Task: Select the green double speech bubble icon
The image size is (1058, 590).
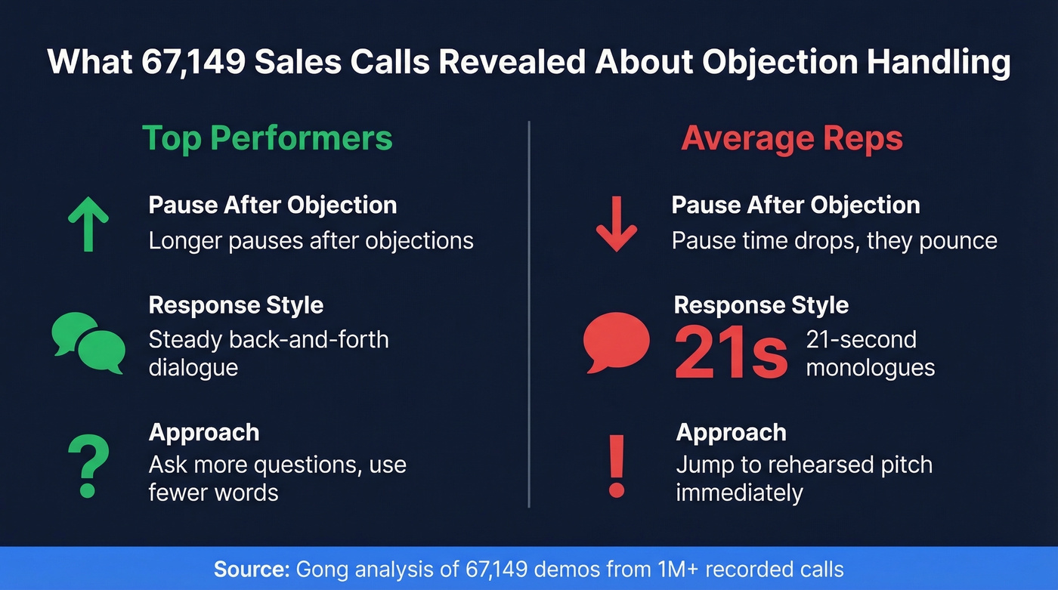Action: pos(88,343)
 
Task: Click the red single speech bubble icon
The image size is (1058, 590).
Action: pos(617,342)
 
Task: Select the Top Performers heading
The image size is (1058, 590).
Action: pos(268,138)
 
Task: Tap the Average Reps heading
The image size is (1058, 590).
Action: pos(792,138)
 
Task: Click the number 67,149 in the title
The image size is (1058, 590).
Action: pos(193,62)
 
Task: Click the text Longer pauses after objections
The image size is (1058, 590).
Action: pos(311,240)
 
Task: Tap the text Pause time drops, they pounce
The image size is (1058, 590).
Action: pos(834,240)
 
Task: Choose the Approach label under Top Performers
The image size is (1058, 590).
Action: pos(204,432)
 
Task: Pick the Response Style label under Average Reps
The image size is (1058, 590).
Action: pos(761,305)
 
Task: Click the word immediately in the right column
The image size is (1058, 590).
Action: pos(739,493)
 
